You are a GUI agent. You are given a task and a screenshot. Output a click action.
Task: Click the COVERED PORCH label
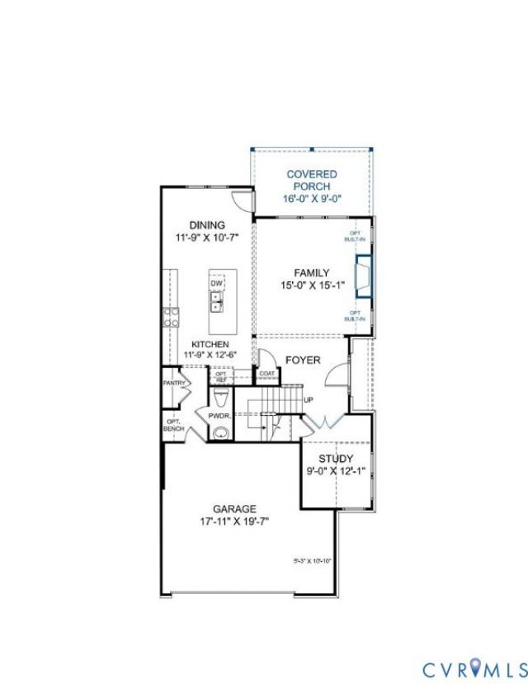pyautogui.click(x=311, y=180)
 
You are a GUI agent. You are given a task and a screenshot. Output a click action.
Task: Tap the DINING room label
pyautogui.click(x=206, y=224)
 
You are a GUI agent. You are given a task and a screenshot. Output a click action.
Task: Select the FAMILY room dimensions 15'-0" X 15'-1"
pyautogui.click(x=311, y=285)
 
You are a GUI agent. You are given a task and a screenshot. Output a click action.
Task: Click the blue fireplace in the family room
pyautogui.click(x=361, y=276)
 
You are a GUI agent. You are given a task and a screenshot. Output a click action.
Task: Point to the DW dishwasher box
pyautogui.click(x=217, y=284)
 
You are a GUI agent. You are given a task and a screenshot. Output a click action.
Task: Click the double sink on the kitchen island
pyautogui.click(x=217, y=304)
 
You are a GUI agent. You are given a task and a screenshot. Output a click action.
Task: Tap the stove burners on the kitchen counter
pyautogui.click(x=172, y=318)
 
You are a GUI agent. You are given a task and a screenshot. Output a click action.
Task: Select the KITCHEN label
pyautogui.click(x=210, y=344)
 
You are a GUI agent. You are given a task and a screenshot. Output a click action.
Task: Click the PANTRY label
pyautogui.click(x=173, y=383)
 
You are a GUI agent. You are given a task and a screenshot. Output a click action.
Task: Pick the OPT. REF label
pyautogui.click(x=220, y=376)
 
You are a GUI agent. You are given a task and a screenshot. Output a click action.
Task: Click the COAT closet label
pyautogui.click(x=266, y=374)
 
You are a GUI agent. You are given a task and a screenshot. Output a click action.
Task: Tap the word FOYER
pyautogui.click(x=303, y=360)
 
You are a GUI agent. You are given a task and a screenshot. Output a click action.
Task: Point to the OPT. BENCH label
pyautogui.click(x=173, y=426)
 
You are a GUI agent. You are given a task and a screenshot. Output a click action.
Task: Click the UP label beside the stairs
pyautogui.click(x=309, y=401)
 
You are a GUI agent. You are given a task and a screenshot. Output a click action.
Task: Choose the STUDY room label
pyautogui.click(x=335, y=459)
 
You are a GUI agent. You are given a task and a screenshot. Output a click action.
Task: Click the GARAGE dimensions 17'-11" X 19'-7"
pyautogui.click(x=234, y=521)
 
